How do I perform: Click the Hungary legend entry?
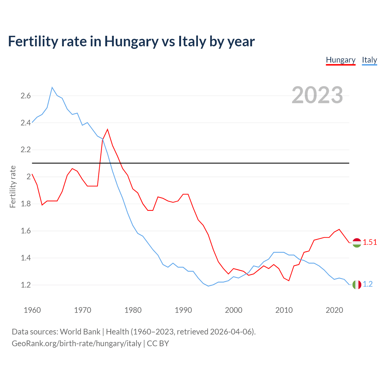click(340, 60)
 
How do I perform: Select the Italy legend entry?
click(369, 60)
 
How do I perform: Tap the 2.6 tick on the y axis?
click(26, 96)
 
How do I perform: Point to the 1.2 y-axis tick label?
click(26, 285)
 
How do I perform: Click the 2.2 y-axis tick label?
click(26, 150)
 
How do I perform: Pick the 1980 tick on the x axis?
click(133, 310)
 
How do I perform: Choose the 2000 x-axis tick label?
click(233, 310)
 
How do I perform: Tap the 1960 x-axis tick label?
click(32, 310)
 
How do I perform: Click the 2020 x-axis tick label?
click(334, 310)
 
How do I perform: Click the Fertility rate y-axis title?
click(13, 186)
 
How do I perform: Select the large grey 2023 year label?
click(317, 95)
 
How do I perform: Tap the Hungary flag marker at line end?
click(357, 242)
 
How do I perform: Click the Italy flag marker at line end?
click(357, 285)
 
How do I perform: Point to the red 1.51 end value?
click(370, 242)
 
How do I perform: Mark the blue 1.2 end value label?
click(368, 284)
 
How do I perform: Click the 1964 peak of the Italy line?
click(52, 87)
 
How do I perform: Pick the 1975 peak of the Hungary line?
click(107, 129)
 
